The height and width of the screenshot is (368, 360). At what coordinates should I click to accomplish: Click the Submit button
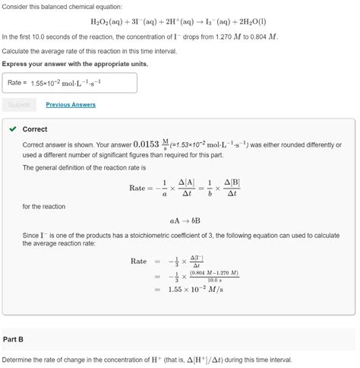click(x=19, y=105)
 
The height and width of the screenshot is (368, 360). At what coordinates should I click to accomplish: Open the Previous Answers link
click(x=71, y=105)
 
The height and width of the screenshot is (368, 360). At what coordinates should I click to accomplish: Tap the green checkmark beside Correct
click(x=13, y=129)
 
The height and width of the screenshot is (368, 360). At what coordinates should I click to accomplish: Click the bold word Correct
click(x=35, y=129)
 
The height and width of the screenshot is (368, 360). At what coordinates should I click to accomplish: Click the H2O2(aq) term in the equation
click(x=108, y=22)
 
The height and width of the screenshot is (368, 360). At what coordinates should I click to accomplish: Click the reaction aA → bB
click(x=179, y=220)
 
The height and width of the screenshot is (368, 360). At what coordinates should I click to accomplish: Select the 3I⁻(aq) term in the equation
click(x=150, y=22)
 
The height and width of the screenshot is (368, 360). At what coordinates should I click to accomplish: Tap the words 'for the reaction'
click(x=44, y=207)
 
